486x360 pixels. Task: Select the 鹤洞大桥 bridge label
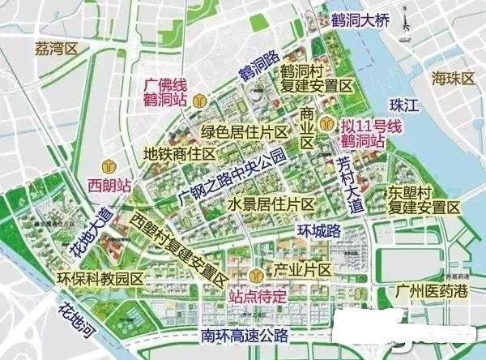[x=359, y=18]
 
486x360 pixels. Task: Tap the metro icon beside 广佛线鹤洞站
[x=208, y=100]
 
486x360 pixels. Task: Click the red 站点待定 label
[x=258, y=296]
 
